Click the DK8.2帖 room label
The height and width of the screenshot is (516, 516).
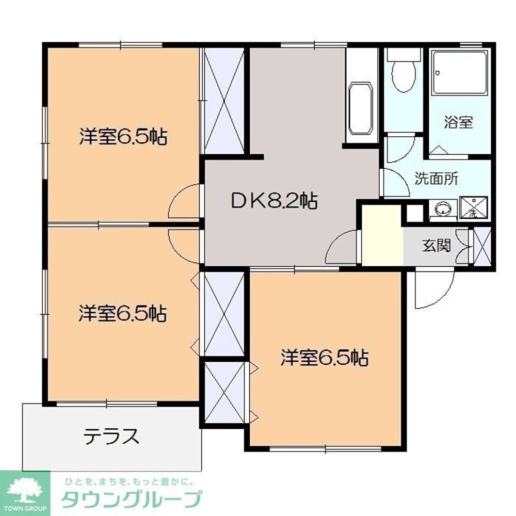click(273, 201)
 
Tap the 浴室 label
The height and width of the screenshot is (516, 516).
click(459, 123)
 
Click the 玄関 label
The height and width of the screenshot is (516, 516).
click(437, 246)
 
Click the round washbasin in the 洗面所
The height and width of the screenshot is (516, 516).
click(443, 209)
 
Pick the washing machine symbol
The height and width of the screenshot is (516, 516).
click(471, 209)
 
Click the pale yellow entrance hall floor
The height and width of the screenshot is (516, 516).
click(382, 235)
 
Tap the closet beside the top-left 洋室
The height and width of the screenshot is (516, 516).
click(224, 101)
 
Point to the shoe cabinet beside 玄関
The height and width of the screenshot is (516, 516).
click(483, 246)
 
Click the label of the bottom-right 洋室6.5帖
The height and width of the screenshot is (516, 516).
click(325, 358)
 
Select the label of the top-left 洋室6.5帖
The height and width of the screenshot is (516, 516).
click(123, 137)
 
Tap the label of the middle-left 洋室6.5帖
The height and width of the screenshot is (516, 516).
click(123, 313)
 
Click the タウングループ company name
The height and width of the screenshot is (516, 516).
click(131, 499)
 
